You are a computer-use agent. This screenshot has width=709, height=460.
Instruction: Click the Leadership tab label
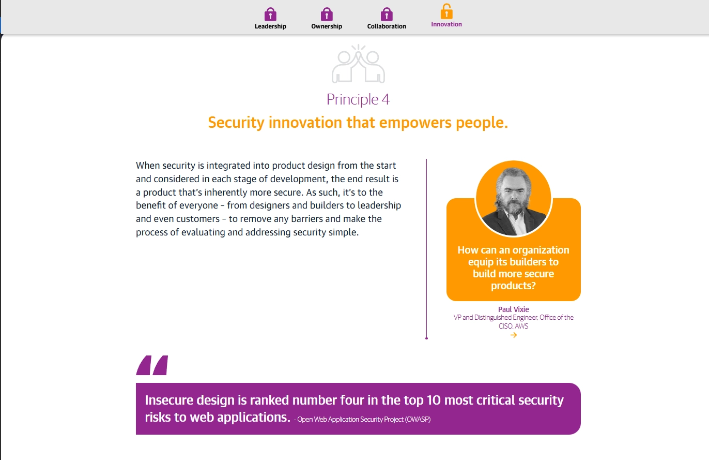point(270,26)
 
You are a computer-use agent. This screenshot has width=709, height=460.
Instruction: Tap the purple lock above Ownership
point(327,14)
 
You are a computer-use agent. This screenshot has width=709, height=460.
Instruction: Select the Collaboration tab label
point(387,26)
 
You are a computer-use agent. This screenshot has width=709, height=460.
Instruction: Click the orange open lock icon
point(446,11)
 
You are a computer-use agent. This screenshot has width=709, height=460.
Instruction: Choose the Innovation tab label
point(446,24)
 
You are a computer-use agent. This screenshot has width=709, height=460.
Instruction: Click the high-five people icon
point(358,64)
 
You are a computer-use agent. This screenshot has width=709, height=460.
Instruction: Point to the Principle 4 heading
point(358,99)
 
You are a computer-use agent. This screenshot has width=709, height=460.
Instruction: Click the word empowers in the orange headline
point(415,123)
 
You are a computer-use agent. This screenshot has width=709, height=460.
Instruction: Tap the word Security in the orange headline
point(236,123)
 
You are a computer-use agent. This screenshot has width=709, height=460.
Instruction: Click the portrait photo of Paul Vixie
point(513,199)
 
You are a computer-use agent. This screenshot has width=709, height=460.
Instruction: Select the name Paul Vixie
point(513,309)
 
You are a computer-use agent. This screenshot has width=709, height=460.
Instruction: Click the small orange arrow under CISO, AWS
point(513,335)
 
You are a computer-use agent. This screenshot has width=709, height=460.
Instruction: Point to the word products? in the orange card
point(513,286)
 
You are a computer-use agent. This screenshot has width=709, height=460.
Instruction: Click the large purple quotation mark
point(152,365)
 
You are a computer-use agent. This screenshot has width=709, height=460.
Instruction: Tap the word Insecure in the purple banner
point(168,400)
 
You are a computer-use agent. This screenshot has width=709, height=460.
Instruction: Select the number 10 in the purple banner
point(434,400)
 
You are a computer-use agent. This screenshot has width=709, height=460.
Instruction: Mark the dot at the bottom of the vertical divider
point(427,338)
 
